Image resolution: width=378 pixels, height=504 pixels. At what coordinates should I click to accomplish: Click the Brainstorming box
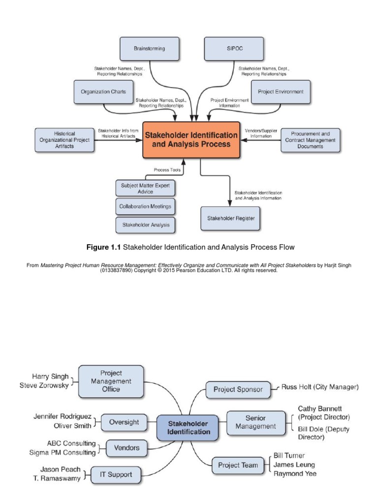(149, 49)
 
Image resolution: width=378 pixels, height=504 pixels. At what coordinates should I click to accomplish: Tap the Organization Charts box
(103, 92)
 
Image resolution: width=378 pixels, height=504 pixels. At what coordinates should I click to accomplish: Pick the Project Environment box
(281, 92)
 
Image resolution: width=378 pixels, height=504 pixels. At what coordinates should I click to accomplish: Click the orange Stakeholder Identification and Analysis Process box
(191, 140)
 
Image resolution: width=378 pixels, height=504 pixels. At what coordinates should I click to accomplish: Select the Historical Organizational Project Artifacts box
(64, 140)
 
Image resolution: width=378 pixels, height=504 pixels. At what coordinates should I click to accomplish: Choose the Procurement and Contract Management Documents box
(310, 140)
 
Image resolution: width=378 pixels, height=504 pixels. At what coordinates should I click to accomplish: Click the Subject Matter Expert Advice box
(145, 188)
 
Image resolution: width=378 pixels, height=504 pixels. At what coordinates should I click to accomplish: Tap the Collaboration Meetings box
(145, 206)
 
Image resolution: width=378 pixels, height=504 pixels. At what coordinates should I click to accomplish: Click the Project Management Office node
(111, 381)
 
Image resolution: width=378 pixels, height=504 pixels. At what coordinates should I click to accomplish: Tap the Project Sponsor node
(238, 389)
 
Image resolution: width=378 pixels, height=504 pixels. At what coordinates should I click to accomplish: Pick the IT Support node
(116, 475)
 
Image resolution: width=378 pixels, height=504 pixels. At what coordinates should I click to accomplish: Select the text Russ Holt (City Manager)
(320, 387)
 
